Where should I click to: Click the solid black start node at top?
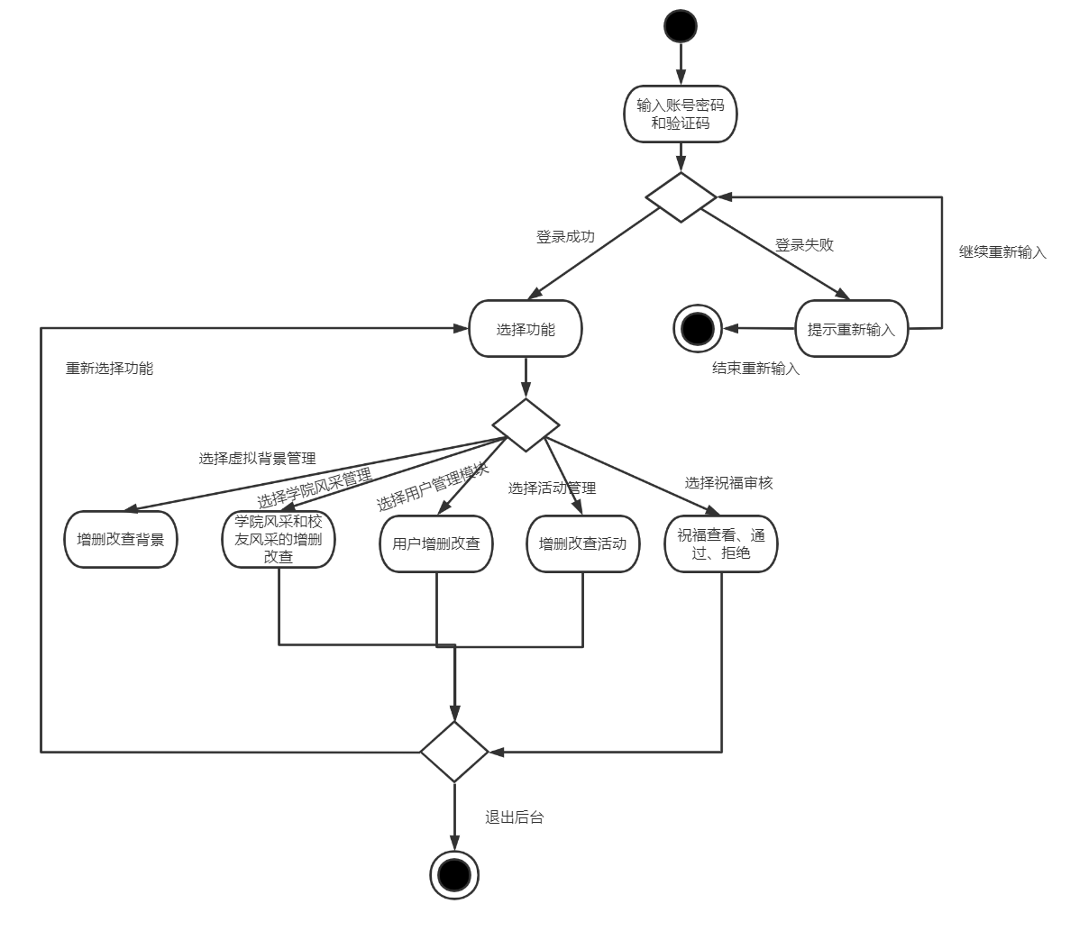(x=681, y=25)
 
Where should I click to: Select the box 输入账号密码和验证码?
(x=681, y=114)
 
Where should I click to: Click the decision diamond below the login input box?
(x=681, y=196)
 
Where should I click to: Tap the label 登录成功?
(x=565, y=237)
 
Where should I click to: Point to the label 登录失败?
(x=804, y=244)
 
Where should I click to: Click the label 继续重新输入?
(x=1002, y=252)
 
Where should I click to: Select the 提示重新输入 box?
(x=851, y=329)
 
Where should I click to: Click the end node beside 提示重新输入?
(x=697, y=329)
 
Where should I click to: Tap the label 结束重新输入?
(x=755, y=369)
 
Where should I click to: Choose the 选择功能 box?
(x=526, y=329)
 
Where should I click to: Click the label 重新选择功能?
(x=109, y=369)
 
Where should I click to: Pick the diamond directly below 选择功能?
(x=526, y=424)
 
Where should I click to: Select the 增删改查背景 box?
(x=121, y=541)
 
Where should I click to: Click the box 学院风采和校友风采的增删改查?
(x=279, y=540)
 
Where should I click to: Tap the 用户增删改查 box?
(x=436, y=543)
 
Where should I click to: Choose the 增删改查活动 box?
(x=582, y=543)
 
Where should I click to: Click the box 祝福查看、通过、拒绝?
(x=721, y=543)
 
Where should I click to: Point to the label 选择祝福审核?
(x=728, y=483)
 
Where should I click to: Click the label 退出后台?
(x=515, y=818)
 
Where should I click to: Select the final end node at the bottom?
(x=453, y=874)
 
